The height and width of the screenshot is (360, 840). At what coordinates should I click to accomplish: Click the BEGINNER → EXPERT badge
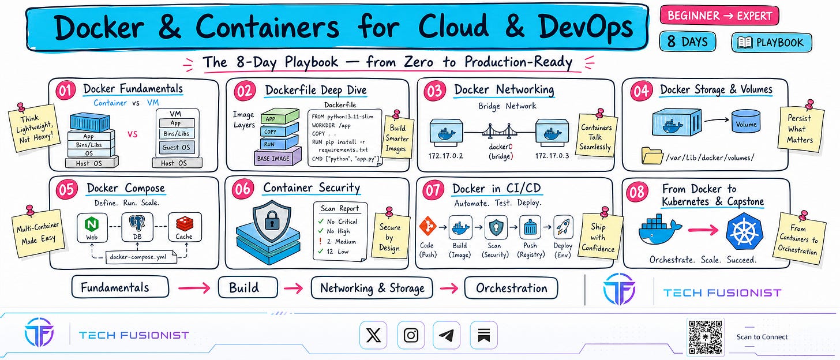pos(719,16)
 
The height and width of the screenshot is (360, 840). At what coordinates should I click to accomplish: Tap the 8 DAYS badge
pos(687,42)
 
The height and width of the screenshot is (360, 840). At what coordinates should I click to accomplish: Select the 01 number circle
pos(66,91)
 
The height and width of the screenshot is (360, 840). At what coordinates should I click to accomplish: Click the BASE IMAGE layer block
pos(277,157)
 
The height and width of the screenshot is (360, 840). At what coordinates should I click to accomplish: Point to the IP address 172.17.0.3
pos(552,155)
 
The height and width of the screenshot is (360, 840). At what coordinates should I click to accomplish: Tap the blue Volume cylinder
pos(746,121)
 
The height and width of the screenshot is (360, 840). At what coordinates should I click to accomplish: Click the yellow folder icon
pos(652,155)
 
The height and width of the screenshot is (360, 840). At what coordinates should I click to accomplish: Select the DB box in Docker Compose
pos(137,227)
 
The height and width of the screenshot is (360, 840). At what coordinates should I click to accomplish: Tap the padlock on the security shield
pos(272,222)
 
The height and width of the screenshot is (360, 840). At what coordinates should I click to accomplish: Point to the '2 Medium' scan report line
pos(337,242)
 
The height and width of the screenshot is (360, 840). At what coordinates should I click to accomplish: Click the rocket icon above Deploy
pos(563,227)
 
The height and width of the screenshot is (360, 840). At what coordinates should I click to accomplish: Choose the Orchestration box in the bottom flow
pos(511,288)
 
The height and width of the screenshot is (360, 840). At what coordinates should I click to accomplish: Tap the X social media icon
pos(373,335)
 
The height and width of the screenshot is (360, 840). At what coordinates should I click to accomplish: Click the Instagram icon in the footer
pos(411,335)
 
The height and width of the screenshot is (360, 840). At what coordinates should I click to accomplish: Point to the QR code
pos(706,337)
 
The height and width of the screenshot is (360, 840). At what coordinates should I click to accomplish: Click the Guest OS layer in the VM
pos(176,147)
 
